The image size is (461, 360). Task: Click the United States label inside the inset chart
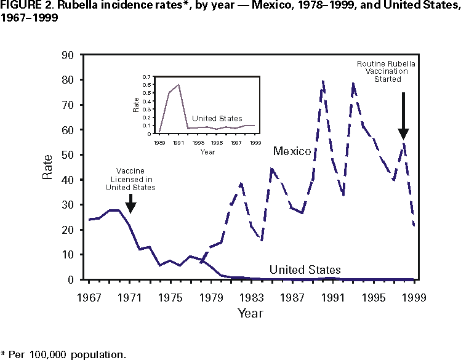pyautogui.click(x=217, y=118)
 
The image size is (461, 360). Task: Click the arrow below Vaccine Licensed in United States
pyautogui.click(x=130, y=203)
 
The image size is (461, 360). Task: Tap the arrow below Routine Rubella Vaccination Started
pyautogui.click(x=403, y=117)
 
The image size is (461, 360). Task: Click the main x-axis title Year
pyautogui.click(x=251, y=313)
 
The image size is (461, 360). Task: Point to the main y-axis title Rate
pyautogui.click(x=47, y=167)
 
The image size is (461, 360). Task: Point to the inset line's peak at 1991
pyautogui.click(x=179, y=84)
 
